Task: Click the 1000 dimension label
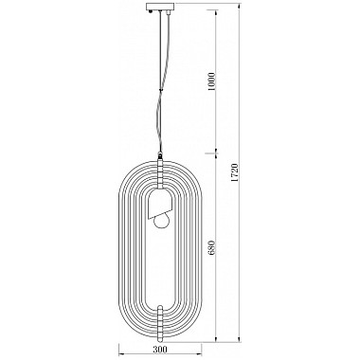(212, 81)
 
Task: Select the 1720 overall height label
(234, 172)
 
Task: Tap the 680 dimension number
(212, 247)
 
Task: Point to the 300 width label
(160, 350)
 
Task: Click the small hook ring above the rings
(161, 155)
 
